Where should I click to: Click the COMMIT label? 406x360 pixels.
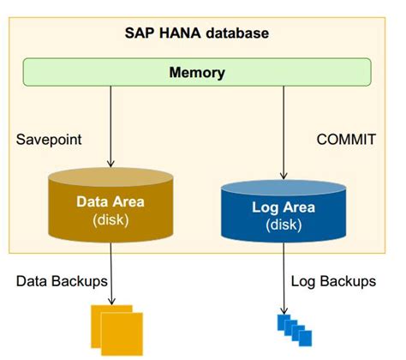[344, 138]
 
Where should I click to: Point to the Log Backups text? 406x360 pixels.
[333, 281]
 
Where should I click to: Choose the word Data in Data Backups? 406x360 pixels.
[29, 281]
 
